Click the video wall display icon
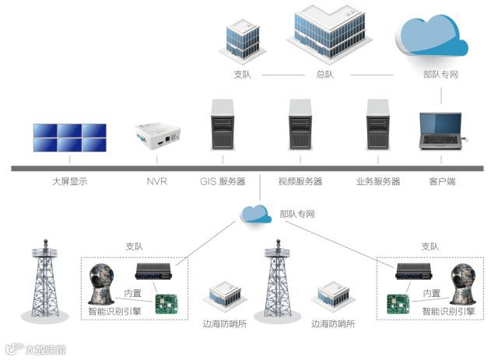pyautogui.click(x=69, y=138)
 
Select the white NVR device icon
pyautogui.click(x=158, y=135)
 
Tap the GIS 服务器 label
pyautogui.click(x=222, y=182)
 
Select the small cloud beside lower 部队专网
pyautogui.click(x=256, y=213)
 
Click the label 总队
pyautogui.click(x=324, y=75)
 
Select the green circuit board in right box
pyautogui.click(x=399, y=303)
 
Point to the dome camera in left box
pyautogui.click(x=102, y=285)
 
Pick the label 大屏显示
pyautogui.click(x=70, y=182)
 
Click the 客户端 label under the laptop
pyautogui.click(x=442, y=182)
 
